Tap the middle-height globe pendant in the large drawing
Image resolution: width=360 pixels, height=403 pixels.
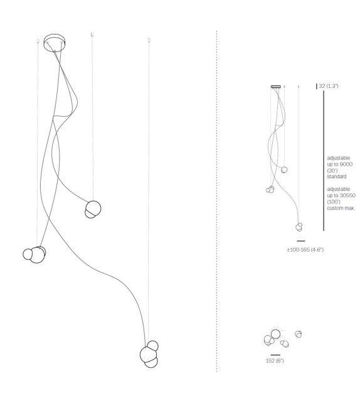pos(93,209)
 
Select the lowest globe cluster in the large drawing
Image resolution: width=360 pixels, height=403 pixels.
pos(149,354)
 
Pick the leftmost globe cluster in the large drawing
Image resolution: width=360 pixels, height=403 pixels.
pos(34,254)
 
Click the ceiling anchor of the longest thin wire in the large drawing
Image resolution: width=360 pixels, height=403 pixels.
pos(149,40)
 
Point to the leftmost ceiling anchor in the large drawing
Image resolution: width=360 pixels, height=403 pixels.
pos(38,41)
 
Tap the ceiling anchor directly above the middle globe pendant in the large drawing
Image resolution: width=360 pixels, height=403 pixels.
pos(92,34)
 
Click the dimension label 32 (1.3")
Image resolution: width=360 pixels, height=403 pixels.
pos(329,86)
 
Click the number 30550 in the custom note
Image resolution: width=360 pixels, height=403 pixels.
pos(347,195)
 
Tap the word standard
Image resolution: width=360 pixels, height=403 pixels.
pos(337,176)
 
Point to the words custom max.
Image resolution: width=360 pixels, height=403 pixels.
pos(341,208)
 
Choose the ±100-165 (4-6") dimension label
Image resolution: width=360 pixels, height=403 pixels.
pos(305,250)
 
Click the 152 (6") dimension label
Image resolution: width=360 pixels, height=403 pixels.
pos(275,360)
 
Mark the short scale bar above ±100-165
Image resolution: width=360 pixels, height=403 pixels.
pos(301,241)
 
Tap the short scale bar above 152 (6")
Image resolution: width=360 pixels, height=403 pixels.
pos(275,355)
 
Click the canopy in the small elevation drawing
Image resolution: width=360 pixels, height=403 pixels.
pos(276,87)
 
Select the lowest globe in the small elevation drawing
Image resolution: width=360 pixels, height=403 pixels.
pos(299,227)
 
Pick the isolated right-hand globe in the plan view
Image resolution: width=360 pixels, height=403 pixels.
pos(298,334)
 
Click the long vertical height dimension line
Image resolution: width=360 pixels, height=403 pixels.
pos(324,161)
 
